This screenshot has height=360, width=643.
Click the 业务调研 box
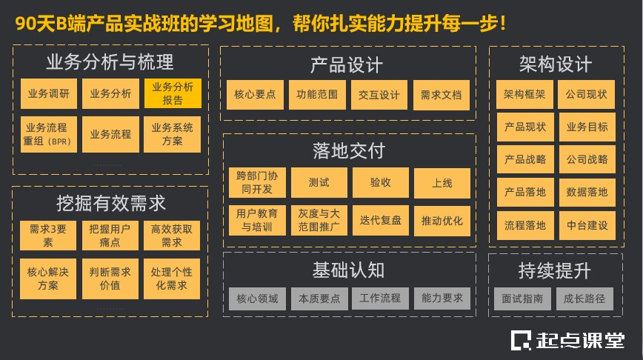(x=48, y=94)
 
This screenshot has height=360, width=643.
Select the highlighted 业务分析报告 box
(x=173, y=94)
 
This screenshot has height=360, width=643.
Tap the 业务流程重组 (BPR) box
(x=48, y=134)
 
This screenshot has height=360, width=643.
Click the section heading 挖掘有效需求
(x=110, y=202)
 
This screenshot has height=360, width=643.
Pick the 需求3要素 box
(x=48, y=235)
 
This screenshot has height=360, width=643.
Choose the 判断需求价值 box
(x=110, y=279)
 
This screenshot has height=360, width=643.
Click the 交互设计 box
(x=379, y=95)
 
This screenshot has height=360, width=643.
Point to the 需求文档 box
(x=441, y=95)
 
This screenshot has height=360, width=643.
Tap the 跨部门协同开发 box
(x=255, y=183)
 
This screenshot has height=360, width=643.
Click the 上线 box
(x=442, y=183)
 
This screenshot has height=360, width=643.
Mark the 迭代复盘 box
(x=380, y=221)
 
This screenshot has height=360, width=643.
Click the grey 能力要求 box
(x=442, y=299)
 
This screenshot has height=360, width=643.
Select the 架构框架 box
(x=524, y=94)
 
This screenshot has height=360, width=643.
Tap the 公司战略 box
(x=586, y=159)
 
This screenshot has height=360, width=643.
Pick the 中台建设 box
(x=586, y=225)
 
